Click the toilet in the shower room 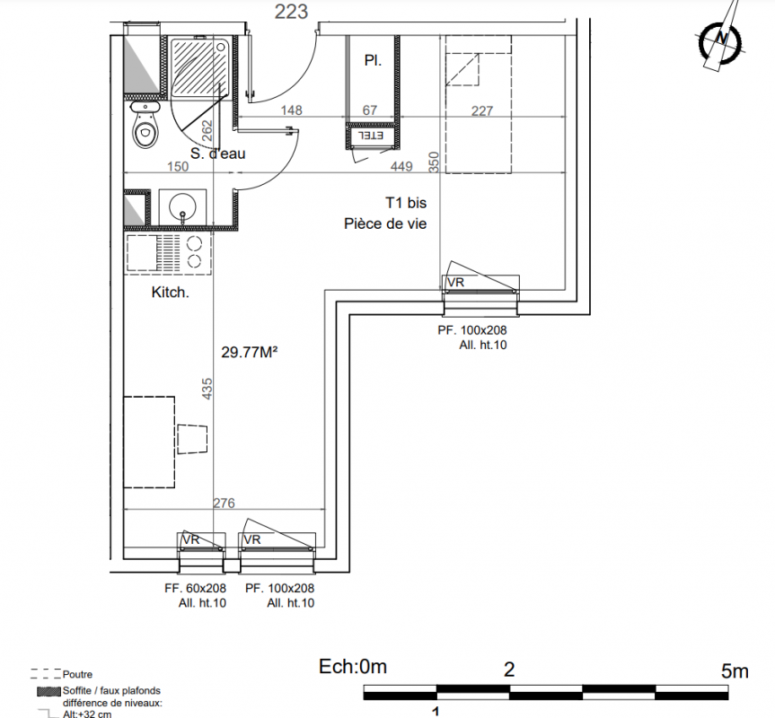145,125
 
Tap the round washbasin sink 182,206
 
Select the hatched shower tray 199,68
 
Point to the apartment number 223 291,12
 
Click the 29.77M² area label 249,352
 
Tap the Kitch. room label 170,293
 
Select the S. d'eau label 218,153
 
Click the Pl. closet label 373,60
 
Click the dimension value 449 401,166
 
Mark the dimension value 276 224,503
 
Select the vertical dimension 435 207,389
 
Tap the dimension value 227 482,110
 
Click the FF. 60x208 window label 195,589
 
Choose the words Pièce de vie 385,223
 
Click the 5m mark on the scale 735,671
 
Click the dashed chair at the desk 192,439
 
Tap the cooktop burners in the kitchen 195,252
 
